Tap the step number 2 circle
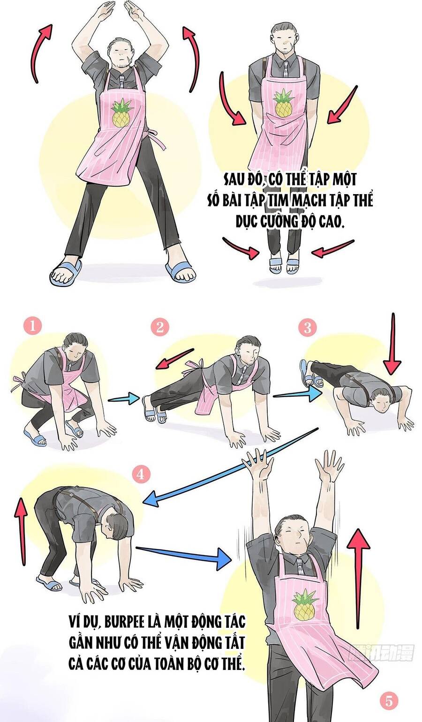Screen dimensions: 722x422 click(x=160, y=327)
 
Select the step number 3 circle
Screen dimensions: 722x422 click(x=308, y=327)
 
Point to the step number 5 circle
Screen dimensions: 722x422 click(x=389, y=701)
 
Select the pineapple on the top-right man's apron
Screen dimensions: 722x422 click(x=284, y=103)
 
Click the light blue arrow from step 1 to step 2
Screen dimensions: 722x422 click(x=124, y=399)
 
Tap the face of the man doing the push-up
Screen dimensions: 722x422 click(x=380, y=403)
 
